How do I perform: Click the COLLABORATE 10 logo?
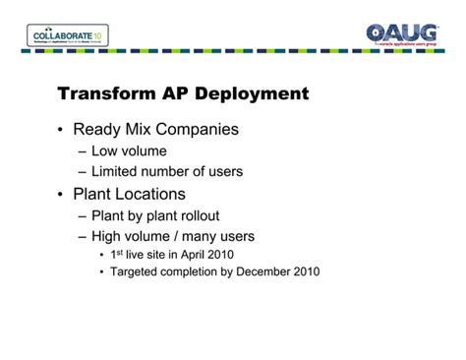pos(68,36)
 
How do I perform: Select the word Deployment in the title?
pos(253,94)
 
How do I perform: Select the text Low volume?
pos(129,151)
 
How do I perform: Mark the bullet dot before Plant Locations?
pos(61,195)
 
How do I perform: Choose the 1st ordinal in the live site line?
pos(117,254)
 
